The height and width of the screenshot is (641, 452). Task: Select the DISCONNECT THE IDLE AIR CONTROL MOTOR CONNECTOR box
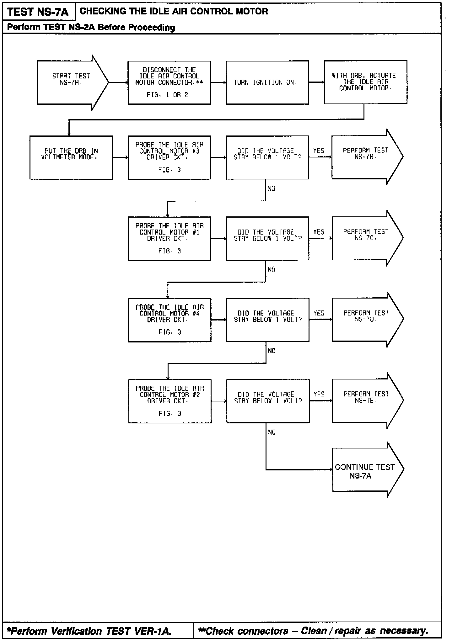point(169,82)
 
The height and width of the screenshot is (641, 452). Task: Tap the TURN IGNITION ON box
point(267,82)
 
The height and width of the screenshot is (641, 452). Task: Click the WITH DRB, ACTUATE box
point(365,82)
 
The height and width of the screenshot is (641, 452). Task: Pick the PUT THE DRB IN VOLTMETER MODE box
point(71,157)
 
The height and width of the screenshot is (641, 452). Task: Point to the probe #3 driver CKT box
point(169,157)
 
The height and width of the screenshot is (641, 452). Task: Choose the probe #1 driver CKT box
point(169,238)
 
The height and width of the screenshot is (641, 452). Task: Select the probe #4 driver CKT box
point(169,320)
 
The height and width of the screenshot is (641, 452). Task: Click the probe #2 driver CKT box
point(170,401)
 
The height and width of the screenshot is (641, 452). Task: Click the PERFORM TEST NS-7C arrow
point(366,238)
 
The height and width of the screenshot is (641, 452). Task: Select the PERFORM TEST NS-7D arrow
point(366,319)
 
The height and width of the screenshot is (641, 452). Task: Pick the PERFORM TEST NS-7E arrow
point(366,400)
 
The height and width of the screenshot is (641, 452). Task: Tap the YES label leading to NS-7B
point(319,151)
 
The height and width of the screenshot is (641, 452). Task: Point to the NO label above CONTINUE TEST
point(272,432)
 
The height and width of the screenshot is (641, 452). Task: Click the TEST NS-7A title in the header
point(38,12)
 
